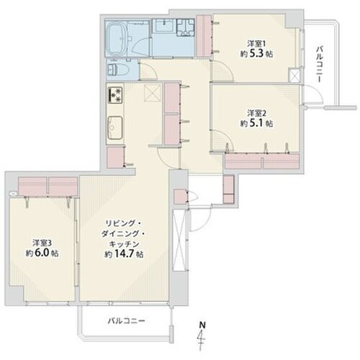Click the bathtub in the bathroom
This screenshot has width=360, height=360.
pos(116,39)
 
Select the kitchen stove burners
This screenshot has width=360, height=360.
pos(115,94)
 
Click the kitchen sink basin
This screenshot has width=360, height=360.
pos(115,127)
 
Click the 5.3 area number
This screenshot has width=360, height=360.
pos(257,54)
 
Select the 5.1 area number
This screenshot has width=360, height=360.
pos(257,123)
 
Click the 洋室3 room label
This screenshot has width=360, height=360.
pos(42,243)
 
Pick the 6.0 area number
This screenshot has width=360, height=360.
pos(42,253)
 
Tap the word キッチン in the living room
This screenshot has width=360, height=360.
pos(124,244)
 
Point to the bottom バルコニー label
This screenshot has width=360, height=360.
pos(127,320)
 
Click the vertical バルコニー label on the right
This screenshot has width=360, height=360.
pos(319,64)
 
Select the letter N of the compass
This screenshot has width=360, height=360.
pos(203,325)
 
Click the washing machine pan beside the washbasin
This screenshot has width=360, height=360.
pos(186,27)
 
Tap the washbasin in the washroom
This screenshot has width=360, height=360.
pos(164,25)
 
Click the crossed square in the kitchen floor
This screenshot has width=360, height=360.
pos(153,93)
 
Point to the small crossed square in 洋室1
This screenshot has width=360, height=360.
pos(294,76)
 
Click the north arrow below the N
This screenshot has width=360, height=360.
pos(201,340)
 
